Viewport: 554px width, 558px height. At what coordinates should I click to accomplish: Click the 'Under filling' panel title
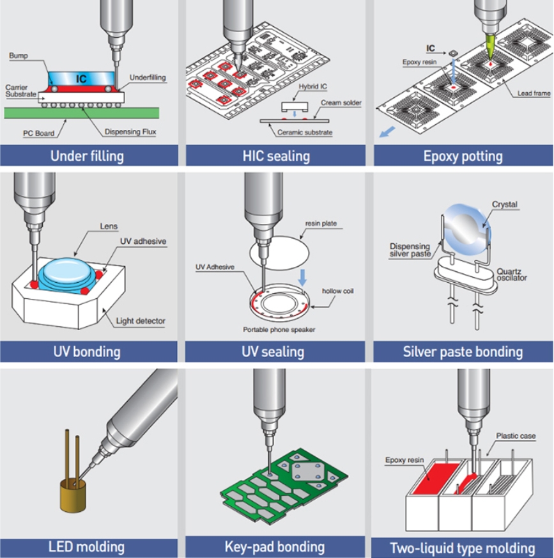87,155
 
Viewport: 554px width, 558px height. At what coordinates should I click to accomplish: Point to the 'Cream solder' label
341,102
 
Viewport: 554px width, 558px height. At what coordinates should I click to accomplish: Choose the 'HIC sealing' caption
276,155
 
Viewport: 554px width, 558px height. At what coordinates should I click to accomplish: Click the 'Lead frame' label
534,93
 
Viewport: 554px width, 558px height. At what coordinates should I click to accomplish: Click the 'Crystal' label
505,205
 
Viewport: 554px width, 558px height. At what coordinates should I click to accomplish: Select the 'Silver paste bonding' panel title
463,351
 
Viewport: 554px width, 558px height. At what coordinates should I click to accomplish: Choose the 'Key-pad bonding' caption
275,546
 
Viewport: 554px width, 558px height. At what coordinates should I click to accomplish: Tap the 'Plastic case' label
516,436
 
